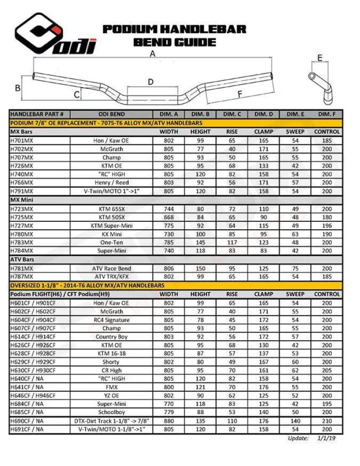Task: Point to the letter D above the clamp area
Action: coord(151,82)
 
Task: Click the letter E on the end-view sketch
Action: coord(320,58)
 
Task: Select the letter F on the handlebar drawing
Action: coord(240,94)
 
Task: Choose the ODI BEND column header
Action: coord(111,114)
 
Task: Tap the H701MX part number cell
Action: coord(22,140)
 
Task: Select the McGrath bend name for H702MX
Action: coord(111,149)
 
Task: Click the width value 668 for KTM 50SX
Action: coord(169,217)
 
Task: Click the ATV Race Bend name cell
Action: coord(111,268)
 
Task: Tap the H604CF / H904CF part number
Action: coord(32,320)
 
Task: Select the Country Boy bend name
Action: coord(111,337)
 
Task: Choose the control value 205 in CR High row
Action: coord(327,370)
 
